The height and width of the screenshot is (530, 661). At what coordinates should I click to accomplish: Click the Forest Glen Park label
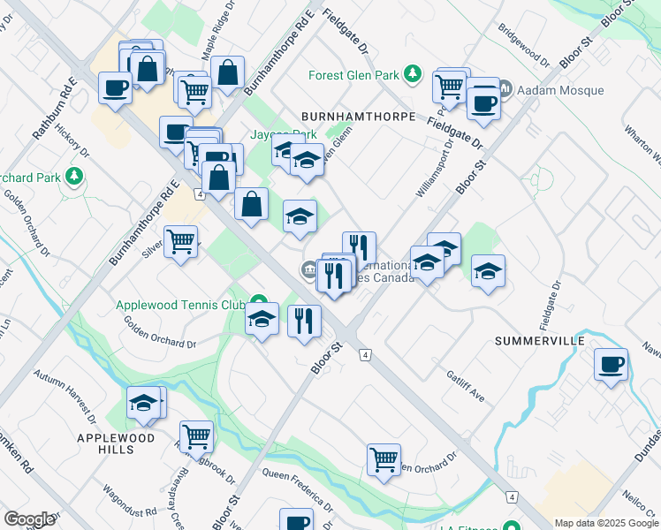coord(354,75)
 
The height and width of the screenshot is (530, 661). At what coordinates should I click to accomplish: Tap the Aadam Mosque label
coord(560,90)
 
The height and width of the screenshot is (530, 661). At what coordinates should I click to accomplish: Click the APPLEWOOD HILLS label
coord(116,443)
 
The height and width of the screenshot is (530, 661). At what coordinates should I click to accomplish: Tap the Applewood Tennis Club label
coord(180,305)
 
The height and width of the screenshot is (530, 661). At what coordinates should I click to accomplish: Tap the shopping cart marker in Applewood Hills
coord(195,435)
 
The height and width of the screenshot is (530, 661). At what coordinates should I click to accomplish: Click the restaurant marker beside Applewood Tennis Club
coord(305,320)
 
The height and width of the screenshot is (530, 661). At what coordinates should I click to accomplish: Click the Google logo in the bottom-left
coord(29,519)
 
